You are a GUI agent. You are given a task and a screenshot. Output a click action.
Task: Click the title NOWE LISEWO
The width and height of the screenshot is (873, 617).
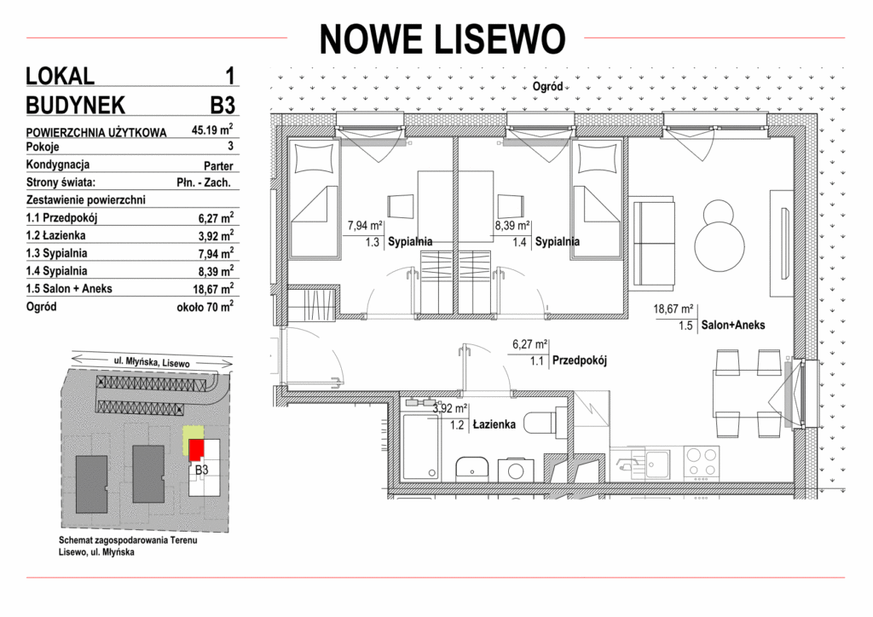(442, 39)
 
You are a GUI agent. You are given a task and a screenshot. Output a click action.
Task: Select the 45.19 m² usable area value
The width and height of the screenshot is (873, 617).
(212, 130)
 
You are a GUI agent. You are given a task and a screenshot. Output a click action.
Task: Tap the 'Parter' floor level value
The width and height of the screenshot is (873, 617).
(218, 166)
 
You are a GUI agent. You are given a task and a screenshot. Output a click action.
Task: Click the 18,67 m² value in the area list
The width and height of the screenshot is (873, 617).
(216, 289)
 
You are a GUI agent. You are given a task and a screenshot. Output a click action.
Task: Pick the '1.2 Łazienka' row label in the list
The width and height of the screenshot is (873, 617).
(55, 235)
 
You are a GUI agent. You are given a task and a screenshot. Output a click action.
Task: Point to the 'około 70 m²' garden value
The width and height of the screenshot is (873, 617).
(205, 306)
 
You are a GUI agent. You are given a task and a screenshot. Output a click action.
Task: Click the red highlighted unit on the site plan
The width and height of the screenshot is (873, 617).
(195, 449)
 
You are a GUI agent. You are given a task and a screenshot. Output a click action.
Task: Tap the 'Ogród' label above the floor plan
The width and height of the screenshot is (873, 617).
(547, 87)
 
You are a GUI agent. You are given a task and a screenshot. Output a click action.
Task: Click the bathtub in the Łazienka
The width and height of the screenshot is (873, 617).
(420, 447)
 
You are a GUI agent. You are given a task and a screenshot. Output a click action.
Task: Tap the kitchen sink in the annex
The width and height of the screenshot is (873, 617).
(657, 463)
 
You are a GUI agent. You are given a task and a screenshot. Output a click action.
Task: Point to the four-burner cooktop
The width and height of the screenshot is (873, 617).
(702, 463)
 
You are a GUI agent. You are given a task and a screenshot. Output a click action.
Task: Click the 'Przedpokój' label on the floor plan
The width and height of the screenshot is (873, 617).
(579, 360)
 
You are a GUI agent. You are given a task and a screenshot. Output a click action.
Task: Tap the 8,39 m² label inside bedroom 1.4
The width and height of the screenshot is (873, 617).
(512, 226)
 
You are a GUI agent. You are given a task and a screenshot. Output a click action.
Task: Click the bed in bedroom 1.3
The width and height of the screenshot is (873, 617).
(314, 199)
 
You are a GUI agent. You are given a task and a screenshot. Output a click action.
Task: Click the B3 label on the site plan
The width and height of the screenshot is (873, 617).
(201, 470)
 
